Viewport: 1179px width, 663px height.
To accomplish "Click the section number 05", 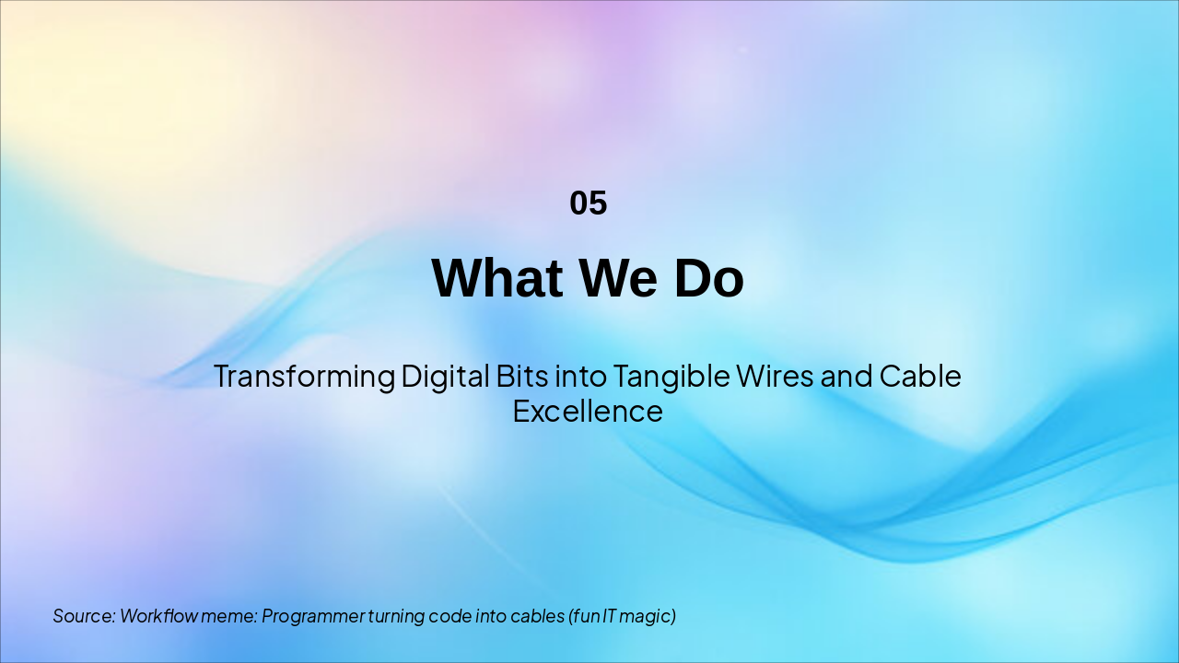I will (589, 204).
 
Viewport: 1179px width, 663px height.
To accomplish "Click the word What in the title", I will (491, 278).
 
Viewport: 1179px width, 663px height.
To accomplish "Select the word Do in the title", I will (708, 278).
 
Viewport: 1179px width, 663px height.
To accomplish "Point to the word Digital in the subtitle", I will (445, 377).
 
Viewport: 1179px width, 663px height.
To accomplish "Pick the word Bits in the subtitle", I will (522, 377).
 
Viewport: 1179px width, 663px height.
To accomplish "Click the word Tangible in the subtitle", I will (671, 377).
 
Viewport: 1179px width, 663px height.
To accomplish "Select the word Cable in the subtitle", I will (920, 377).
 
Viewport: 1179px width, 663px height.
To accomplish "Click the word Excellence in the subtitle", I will (588, 411).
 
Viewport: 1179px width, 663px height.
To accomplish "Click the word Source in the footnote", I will (83, 616).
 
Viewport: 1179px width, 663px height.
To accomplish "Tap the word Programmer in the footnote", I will (313, 616).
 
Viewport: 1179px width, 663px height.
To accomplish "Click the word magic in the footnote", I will (648, 616).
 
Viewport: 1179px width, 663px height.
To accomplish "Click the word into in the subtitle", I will (580, 377).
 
